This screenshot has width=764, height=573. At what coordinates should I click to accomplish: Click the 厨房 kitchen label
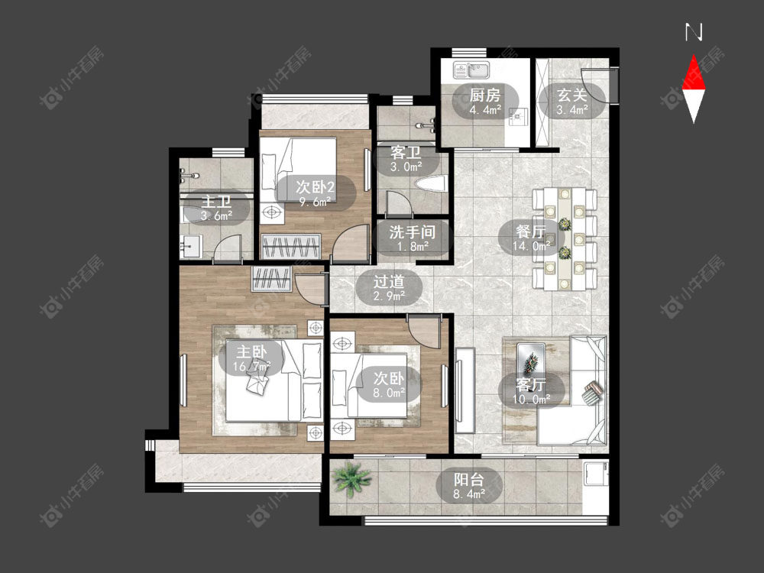pyautogui.click(x=485, y=95)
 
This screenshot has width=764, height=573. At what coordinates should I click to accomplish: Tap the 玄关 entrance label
pyautogui.click(x=572, y=95)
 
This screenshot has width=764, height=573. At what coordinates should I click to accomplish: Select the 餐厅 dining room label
pyautogui.click(x=531, y=231)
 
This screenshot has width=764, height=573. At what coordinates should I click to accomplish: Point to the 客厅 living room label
pyautogui.click(x=531, y=384)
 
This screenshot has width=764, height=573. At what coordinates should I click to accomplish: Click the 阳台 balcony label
pyautogui.click(x=469, y=480)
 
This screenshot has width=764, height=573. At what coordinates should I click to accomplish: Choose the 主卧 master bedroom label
pyautogui.click(x=251, y=351)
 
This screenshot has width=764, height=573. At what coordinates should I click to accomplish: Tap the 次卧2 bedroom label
pyautogui.click(x=316, y=186)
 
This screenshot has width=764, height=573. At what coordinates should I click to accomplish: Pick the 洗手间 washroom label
pyautogui.click(x=413, y=232)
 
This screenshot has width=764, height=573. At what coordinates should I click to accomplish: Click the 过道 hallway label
pyautogui.click(x=389, y=281)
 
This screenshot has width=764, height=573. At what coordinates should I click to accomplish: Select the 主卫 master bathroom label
pyautogui.click(x=216, y=201)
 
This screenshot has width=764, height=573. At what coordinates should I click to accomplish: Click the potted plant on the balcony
pyautogui.click(x=351, y=478)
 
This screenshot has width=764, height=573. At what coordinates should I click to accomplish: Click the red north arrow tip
pyautogui.click(x=694, y=56)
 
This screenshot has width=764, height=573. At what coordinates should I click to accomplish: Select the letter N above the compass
pyautogui.click(x=694, y=32)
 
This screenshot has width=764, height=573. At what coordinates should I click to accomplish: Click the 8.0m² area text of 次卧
pyautogui.click(x=389, y=392)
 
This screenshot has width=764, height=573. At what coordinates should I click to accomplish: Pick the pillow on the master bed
pyautogui.click(x=312, y=359)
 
